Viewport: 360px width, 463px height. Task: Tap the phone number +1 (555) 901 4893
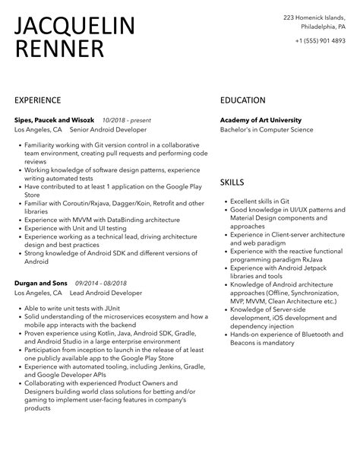(321, 40)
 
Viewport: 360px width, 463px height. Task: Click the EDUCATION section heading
(242, 100)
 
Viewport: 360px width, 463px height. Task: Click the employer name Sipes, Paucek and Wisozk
(58, 119)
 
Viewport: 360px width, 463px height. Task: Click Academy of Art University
(261, 119)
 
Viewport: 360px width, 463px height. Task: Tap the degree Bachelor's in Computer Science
(266, 130)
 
